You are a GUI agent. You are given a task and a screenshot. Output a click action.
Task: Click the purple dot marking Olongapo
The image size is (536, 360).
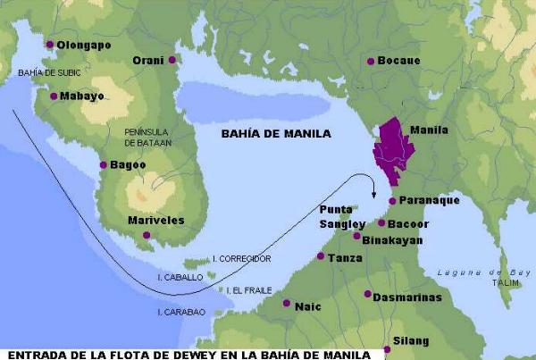(x=50, y=44)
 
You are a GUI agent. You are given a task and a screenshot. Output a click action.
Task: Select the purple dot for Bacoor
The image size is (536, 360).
(x=381, y=223)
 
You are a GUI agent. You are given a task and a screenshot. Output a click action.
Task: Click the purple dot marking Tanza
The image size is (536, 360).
(x=321, y=256)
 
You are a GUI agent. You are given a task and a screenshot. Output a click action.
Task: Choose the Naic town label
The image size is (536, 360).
(x=309, y=305)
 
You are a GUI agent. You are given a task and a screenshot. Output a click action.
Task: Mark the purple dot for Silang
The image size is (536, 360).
(x=386, y=348)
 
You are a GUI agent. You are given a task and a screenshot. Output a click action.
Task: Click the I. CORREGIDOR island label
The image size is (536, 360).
(x=241, y=258)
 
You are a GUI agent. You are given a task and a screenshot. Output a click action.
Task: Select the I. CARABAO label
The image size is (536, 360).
(x=181, y=312)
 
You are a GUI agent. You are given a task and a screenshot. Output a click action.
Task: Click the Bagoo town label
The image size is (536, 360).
(x=126, y=164)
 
